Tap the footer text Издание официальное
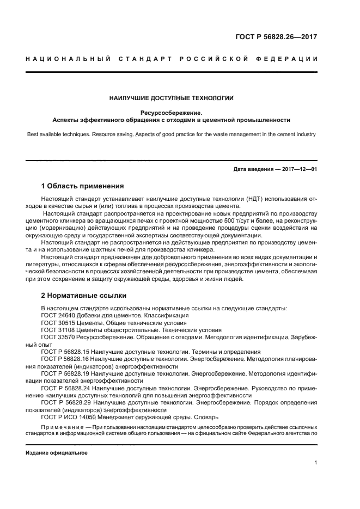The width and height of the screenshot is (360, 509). pos(57,452)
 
